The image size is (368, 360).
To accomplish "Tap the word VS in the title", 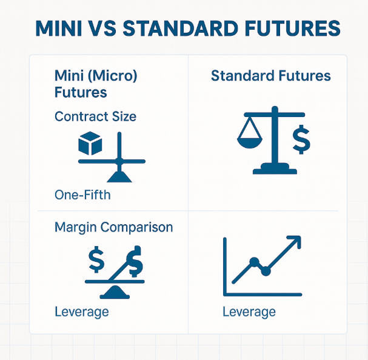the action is coord(103,28).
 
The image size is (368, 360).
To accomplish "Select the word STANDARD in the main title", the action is coord(181,28).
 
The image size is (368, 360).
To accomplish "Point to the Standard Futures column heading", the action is coord(270,76).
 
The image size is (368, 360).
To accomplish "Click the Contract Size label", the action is coord(95,116).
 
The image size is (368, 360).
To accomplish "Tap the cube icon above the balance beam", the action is coord(90,143).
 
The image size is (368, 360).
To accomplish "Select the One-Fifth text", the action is coord(82,195).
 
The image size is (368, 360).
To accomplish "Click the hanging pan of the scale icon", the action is coord(250,143).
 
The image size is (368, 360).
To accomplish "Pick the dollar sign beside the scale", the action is coord(301,139).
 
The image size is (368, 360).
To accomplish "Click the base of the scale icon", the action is coord(275,168).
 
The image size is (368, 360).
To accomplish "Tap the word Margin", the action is coord(76,228).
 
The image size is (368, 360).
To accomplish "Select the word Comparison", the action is coord(137,227).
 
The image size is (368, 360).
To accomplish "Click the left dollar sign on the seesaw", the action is coord(96,259).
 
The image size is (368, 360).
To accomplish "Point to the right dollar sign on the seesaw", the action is coord(135,261).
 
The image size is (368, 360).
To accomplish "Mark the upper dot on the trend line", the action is coord(254,262).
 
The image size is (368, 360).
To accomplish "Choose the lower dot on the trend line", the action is coord(266,272).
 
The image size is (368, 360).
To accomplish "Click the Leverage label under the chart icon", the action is coord(249,312).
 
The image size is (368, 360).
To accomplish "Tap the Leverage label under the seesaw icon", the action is coord(82,312).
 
